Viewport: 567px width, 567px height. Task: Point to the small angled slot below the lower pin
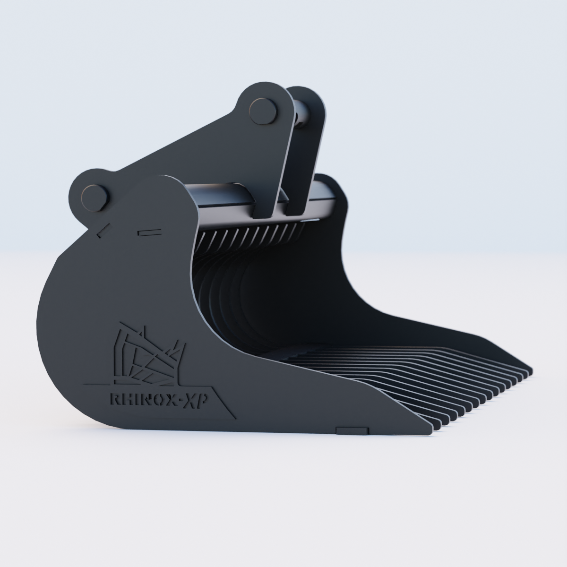click(101, 232)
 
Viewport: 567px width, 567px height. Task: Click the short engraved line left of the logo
click(94, 384)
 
